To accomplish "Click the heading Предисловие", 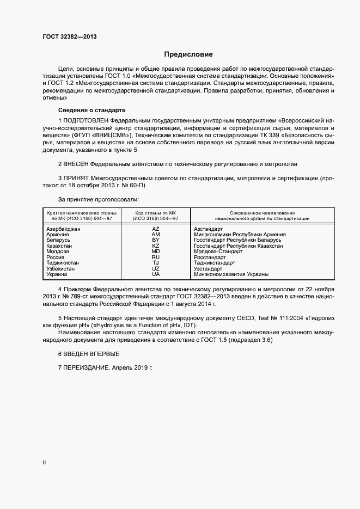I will (x=188, y=54).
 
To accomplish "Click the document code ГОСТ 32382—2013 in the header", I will (x=70, y=36).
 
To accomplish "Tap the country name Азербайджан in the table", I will (x=64, y=229).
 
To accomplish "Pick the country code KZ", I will (x=156, y=246).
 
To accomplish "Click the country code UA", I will (x=156, y=274).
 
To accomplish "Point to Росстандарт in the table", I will (x=210, y=257).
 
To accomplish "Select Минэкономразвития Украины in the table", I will (x=231, y=274).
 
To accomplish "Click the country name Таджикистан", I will (x=63, y=263).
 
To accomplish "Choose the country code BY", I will (x=156, y=240).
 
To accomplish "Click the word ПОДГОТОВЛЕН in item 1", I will (x=86, y=120).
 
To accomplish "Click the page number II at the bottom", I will (x=44, y=463).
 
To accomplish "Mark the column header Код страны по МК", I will (x=156, y=212).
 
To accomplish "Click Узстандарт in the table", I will (x=208, y=269).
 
